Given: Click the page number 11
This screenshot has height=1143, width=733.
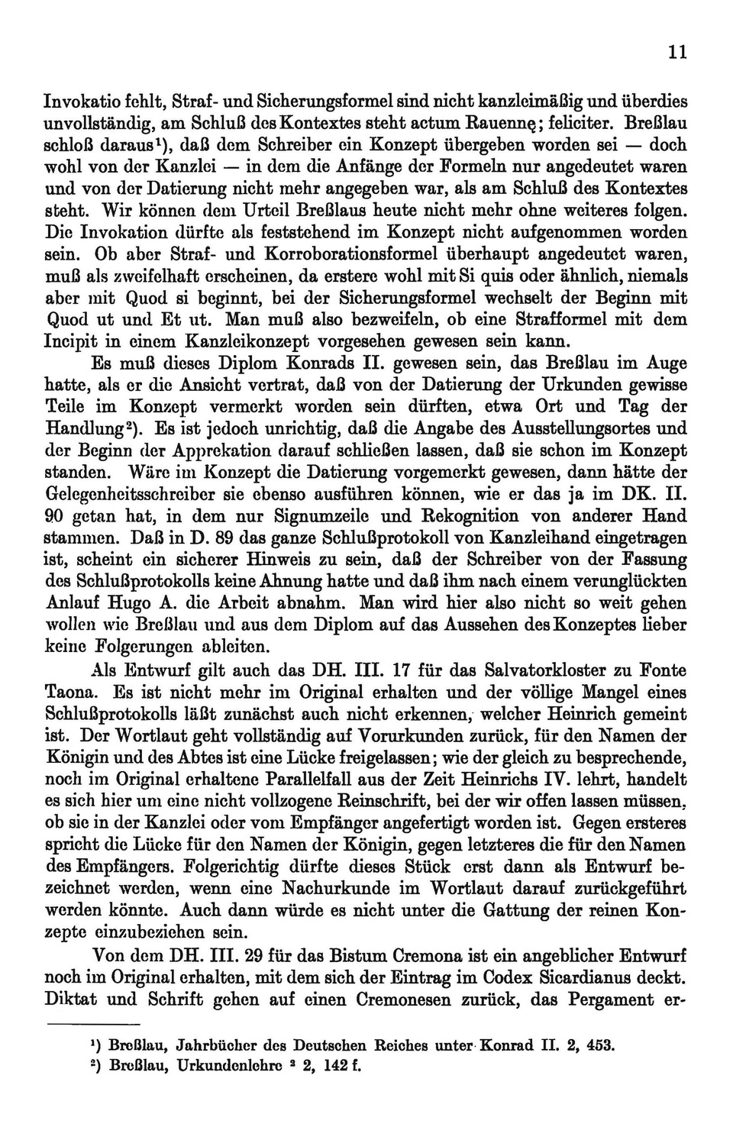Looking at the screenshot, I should click(677, 52).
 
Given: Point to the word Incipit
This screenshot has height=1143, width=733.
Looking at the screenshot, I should click(73, 341).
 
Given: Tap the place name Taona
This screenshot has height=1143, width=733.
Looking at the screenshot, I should click(71, 693).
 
